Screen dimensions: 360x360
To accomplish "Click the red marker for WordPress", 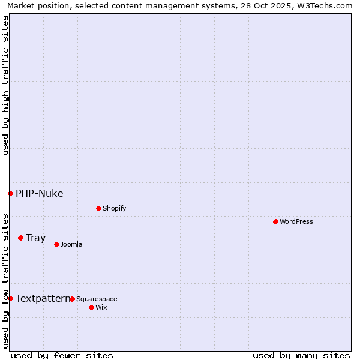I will pyautogui.click(x=275, y=221).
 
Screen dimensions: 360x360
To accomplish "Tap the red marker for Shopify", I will pyautogui.click(x=98, y=208).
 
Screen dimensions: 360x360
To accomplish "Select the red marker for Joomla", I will pyautogui.click(x=56, y=244).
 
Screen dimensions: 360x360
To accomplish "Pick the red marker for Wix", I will pyautogui.click(x=91, y=307).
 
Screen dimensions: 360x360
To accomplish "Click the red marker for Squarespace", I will pyautogui.click(x=72, y=299).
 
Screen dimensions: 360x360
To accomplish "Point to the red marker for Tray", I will pyautogui.click(x=20, y=238).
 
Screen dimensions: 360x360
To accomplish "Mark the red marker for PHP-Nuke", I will pyautogui.click(x=10, y=193).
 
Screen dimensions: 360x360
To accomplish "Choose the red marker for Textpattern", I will pyautogui.click(x=10, y=298).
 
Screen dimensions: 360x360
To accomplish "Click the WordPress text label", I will pyautogui.click(x=296, y=221).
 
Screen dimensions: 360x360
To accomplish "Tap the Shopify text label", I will pyautogui.click(x=114, y=208).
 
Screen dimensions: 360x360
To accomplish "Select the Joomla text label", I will pyautogui.click(x=71, y=244).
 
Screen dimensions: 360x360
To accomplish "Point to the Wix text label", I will pyautogui.click(x=101, y=307).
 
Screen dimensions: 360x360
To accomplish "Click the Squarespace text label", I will pyautogui.click(x=97, y=299).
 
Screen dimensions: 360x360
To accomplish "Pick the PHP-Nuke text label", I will pyautogui.click(x=39, y=193).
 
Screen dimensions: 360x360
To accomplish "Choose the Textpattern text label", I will pyautogui.click(x=43, y=298).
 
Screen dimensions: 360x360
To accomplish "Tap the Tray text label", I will pyautogui.click(x=35, y=238).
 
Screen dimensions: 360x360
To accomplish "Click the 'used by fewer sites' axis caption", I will pyautogui.click(x=62, y=355).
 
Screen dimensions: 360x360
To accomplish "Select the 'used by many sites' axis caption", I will pyautogui.click(x=301, y=355).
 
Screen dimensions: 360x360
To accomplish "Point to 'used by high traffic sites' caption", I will pyautogui.click(x=5, y=85).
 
